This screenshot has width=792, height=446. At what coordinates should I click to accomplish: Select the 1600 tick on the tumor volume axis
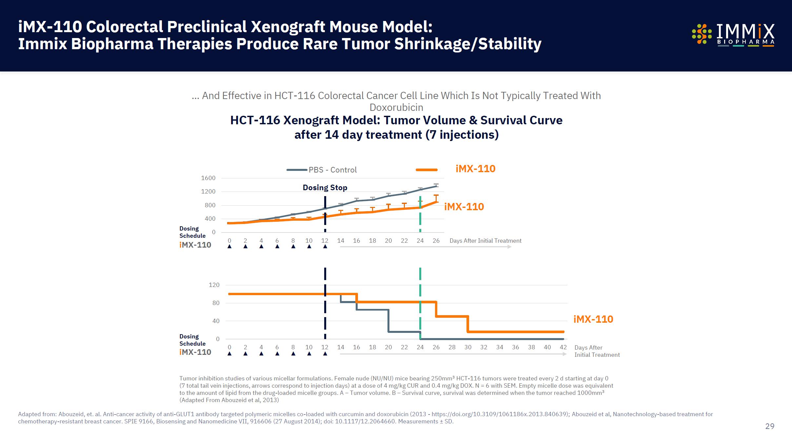pos(208,178)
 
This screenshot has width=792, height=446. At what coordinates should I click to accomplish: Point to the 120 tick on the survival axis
pos(214,285)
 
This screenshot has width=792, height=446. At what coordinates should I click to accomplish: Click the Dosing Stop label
pos(325,188)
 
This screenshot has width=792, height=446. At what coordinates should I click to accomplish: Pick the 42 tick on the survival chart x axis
pos(563,347)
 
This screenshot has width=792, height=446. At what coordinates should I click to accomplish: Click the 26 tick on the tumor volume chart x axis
pos(436,241)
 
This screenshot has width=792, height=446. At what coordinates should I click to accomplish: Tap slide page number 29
pos(769,426)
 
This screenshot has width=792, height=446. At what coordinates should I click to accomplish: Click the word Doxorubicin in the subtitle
pos(396,108)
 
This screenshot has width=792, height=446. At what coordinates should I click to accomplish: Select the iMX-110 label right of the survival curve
pos(593,319)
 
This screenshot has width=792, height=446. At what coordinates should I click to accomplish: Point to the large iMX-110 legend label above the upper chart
pos(475,169)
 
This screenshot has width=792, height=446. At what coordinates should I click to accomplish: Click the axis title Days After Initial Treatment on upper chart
pos(485,241)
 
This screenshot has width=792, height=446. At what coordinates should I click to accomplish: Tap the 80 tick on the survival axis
pos(216,303)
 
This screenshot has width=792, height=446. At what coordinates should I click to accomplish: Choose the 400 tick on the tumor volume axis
pos(210,219)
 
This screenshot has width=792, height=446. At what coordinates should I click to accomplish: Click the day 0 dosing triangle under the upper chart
pos(229,247)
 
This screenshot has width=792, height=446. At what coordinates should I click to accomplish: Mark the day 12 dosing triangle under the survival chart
pos(325,354)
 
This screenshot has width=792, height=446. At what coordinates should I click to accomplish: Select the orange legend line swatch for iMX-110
pos(426,170)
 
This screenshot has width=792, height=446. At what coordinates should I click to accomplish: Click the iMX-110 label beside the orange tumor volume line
pos(464,207)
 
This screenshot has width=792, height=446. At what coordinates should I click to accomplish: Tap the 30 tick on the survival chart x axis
pos(468,347)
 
